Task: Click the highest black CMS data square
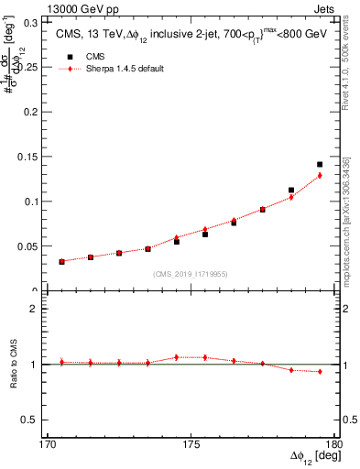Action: coord(320,165)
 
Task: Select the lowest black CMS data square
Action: coord(61,262)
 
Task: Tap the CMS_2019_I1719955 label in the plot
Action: coord(191,273)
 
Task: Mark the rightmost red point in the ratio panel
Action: coord(320,371)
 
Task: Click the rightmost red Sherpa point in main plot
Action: coord(320,175)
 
